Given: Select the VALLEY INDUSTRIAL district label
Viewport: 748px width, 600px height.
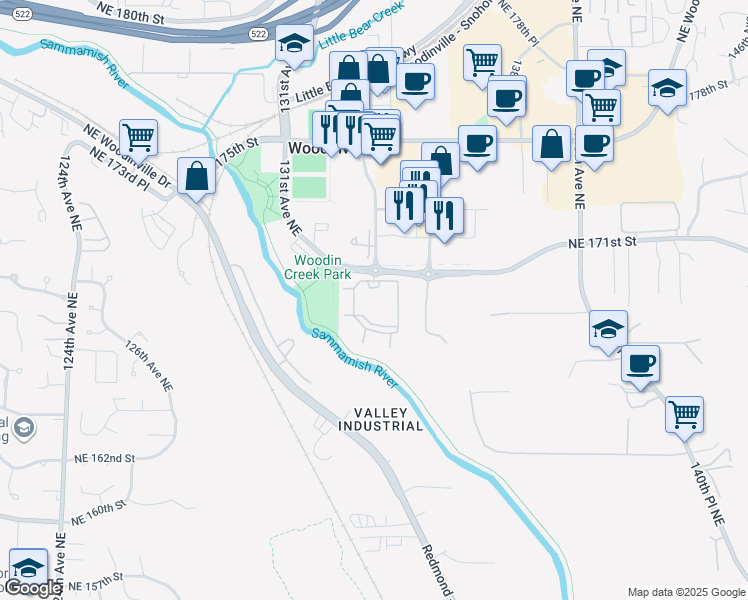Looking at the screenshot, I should click(x=388, y=419).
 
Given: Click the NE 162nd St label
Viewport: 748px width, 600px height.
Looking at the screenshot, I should click(x=104, y=458).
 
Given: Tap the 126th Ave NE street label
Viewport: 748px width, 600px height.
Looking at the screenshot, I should click(x=148, y=367).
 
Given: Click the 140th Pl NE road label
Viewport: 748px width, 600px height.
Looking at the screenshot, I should click(x=706, y=490).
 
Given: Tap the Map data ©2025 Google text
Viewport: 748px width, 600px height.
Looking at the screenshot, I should click(x=685, y=592).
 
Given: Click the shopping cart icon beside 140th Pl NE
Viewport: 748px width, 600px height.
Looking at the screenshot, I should click(x=685, y=413).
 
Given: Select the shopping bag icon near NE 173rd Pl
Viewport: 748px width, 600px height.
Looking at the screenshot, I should click(x=198, y=176).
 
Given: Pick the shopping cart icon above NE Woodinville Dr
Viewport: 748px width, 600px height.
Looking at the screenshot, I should click(x=138, y=136).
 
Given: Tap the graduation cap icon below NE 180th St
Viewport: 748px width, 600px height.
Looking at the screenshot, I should click(x=294, y=42).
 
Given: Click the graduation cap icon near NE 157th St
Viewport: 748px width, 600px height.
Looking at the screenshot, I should click(x=28, y=567).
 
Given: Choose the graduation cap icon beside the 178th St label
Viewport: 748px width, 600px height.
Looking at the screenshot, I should click(x=667, y=87).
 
